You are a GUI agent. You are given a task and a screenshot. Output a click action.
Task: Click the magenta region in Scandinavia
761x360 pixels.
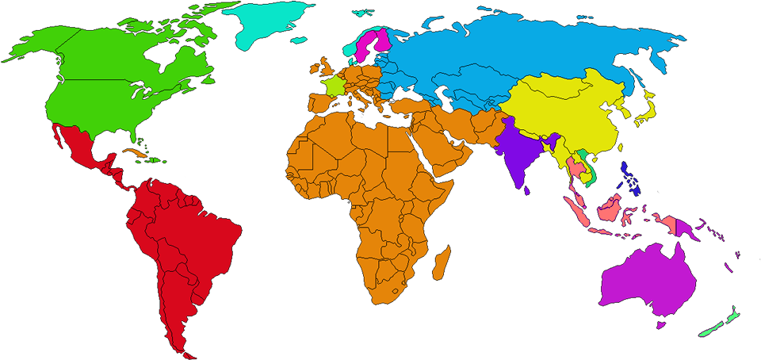coord(369,44)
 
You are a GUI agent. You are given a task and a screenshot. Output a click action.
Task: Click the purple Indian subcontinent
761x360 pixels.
coord(519,155)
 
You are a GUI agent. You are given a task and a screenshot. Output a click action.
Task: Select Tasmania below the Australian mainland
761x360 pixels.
coord(660,324)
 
